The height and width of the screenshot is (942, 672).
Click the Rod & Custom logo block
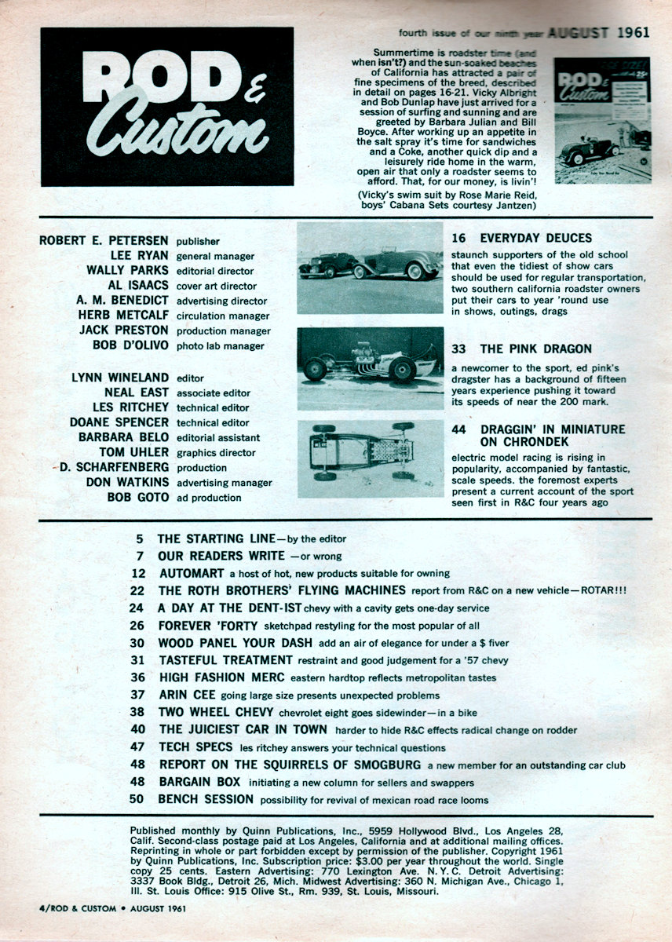click(166, 107)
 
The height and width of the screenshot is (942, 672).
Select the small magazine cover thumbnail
click(602, 119)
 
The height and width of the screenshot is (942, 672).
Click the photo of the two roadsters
click(371, 268)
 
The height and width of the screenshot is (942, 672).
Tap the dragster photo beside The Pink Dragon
click(371, 367)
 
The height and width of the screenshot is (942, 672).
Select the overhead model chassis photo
click(371, 458)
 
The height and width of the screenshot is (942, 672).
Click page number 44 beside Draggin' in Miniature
click(459, 429)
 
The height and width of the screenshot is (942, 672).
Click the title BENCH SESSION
click(206, 799)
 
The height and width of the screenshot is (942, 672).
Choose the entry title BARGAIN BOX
click(200, 782)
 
